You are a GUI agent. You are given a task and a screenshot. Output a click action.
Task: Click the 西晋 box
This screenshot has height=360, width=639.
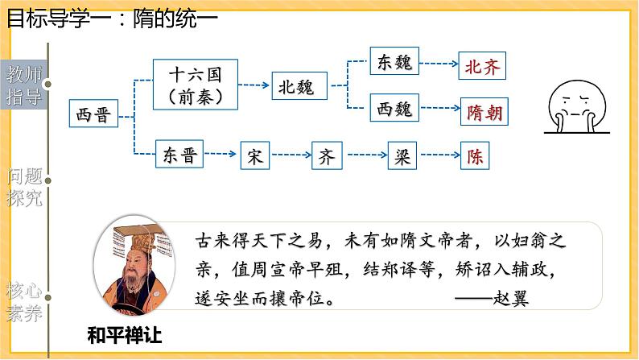click(x=91, y=115)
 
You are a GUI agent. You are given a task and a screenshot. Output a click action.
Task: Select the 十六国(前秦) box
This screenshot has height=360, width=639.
click(x=196, y=85)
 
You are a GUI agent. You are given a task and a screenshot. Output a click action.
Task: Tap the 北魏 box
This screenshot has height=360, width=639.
click(x=297, y=84)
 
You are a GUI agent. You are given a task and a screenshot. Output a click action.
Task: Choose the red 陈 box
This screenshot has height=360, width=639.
click(x=475, y=156)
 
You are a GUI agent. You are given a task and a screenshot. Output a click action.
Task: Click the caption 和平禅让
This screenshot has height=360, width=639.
click(x=129, y=332)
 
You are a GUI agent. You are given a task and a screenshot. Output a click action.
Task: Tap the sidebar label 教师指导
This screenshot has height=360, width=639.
click(x=22, y=87)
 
